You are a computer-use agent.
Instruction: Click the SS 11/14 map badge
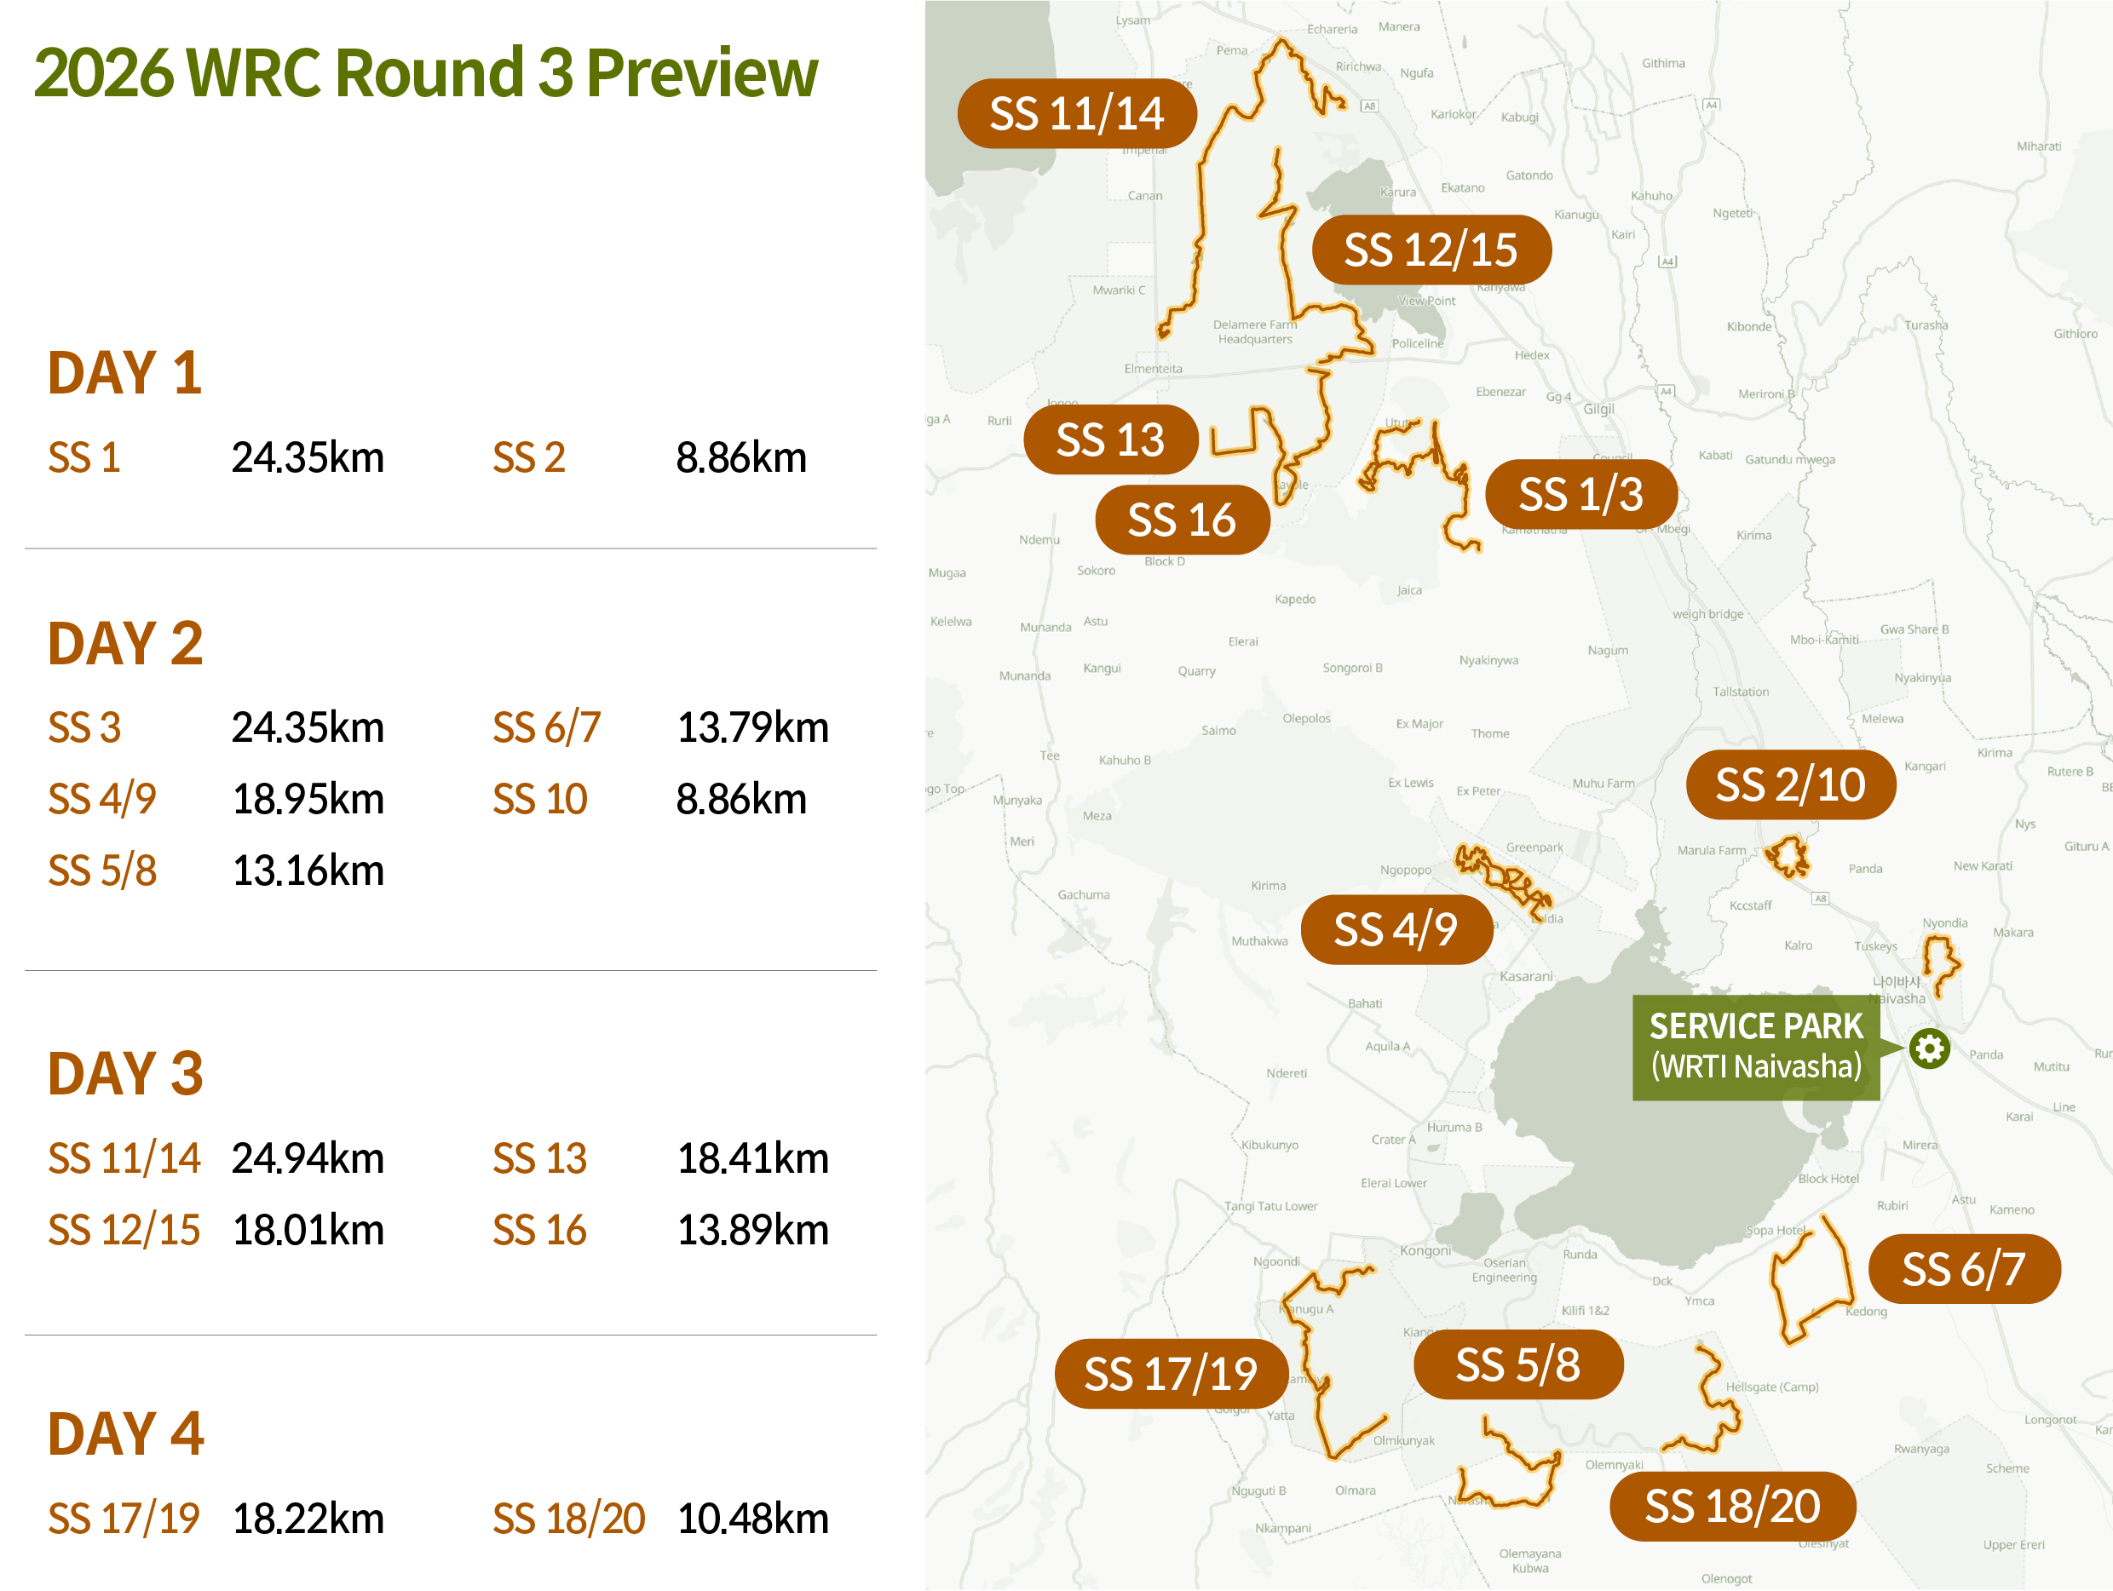tap(1077, 113)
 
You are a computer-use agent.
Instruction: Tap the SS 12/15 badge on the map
tap(1431, 250)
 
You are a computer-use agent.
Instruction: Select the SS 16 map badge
tap(1182, 520)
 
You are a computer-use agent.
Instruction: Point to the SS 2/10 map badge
tap(1790, 785)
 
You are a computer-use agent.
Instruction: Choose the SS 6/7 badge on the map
tap(1963, 1269)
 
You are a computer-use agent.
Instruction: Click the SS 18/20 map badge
tap(1732, 1506)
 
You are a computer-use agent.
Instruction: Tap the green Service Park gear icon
tap(1929, 1048)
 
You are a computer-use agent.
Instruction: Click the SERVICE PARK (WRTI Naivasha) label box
tap(1756, 1047)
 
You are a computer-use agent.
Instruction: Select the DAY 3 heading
tap(125, 1073)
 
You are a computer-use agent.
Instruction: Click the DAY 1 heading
tap(125, 372)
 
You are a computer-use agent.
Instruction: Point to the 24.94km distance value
tap(308, 1158)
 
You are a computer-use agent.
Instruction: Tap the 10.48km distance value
tap(752, 1519)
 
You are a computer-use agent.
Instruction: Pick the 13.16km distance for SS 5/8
tap(308, 871)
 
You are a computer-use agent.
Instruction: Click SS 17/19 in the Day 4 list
tap(124, 1519)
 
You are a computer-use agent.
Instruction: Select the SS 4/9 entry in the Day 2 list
tap(102, 799)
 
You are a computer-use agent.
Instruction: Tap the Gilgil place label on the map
tap(1599, 409)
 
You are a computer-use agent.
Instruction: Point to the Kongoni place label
tap(1425, 1251)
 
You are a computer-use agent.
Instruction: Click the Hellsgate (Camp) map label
tap(1772, 1387)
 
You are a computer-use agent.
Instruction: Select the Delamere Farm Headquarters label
tap(1255, 331)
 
